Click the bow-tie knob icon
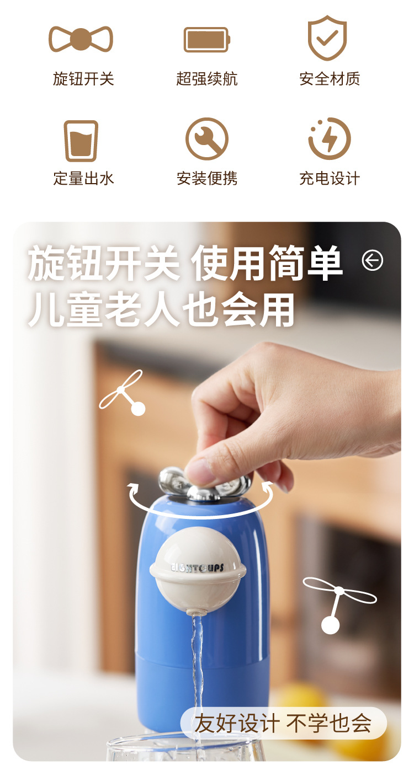[81, 39]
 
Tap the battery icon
[206, 40]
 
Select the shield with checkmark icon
[327, 38]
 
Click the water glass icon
[81, 141]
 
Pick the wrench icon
[206, 139]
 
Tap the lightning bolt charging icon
[330, 138]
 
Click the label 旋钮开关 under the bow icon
[83, 79]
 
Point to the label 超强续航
[206, 79]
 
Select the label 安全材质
[330, 79]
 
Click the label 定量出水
[83, 179]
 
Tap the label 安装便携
[207, 179]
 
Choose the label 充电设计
[330, 179]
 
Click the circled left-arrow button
[373, 260]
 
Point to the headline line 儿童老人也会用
[161, 310]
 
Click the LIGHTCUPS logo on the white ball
[198, 567]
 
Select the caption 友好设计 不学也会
[283, 723]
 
